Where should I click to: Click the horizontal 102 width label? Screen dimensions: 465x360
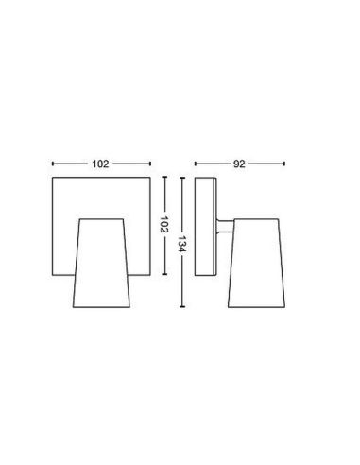101,163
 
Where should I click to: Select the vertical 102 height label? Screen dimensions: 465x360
163,226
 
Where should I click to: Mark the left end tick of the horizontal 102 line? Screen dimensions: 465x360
52,163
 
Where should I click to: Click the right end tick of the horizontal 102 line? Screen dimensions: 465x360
149,163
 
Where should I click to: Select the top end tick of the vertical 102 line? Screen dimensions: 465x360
163,178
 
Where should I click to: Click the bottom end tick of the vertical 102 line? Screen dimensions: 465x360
163,275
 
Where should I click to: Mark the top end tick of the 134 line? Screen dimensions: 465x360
181,178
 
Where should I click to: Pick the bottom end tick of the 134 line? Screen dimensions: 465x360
181,306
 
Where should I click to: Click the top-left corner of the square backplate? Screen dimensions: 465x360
52,179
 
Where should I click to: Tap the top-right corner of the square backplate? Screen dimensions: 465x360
149,179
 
